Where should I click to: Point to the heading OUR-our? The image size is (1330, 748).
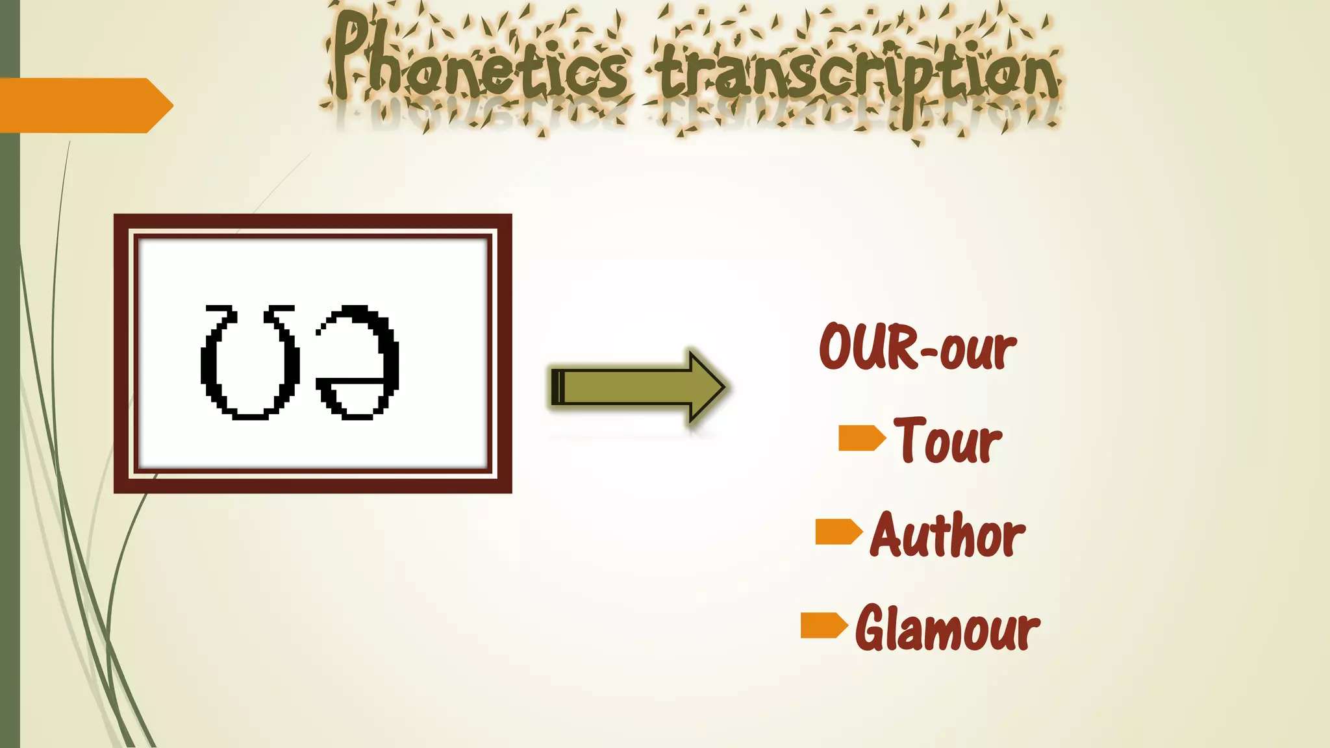917,347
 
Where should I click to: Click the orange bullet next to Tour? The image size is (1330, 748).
861,438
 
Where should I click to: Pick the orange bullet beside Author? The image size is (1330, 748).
838,532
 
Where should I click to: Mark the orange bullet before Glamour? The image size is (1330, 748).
823,625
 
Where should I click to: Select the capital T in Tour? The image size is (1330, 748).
909,439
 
